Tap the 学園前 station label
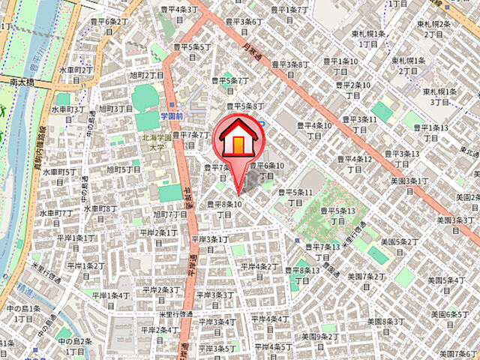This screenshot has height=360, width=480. pyautogui.click(x=172, y=116)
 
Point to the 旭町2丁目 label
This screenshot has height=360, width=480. pyautogui.click(x=146, y=75)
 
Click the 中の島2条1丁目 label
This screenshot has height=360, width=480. pyautogui.click(x=75, y=346)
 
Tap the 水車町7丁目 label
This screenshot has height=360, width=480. pyautogui.click(x=58, y=217)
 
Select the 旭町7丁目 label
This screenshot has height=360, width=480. pyautogui.click(x=170, y=218)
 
